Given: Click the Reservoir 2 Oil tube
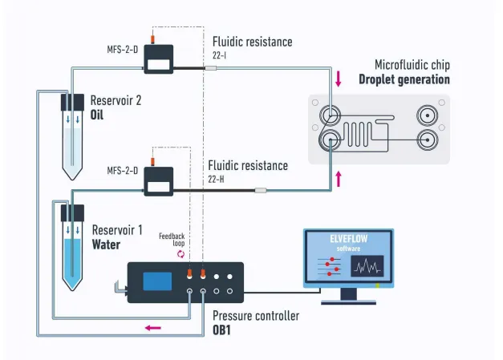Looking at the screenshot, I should tap(72, 140).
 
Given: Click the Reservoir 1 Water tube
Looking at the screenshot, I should tap(72, 249).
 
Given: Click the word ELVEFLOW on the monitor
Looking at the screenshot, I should tap(347, 238).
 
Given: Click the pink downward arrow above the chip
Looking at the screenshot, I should tap(339, 79).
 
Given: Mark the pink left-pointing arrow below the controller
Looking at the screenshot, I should tap(152, 327).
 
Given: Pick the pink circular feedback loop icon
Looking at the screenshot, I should tap(181, 254).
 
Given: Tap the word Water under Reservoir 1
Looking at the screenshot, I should tap(106, 244).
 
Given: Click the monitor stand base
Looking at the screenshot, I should tap(347, 301).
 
